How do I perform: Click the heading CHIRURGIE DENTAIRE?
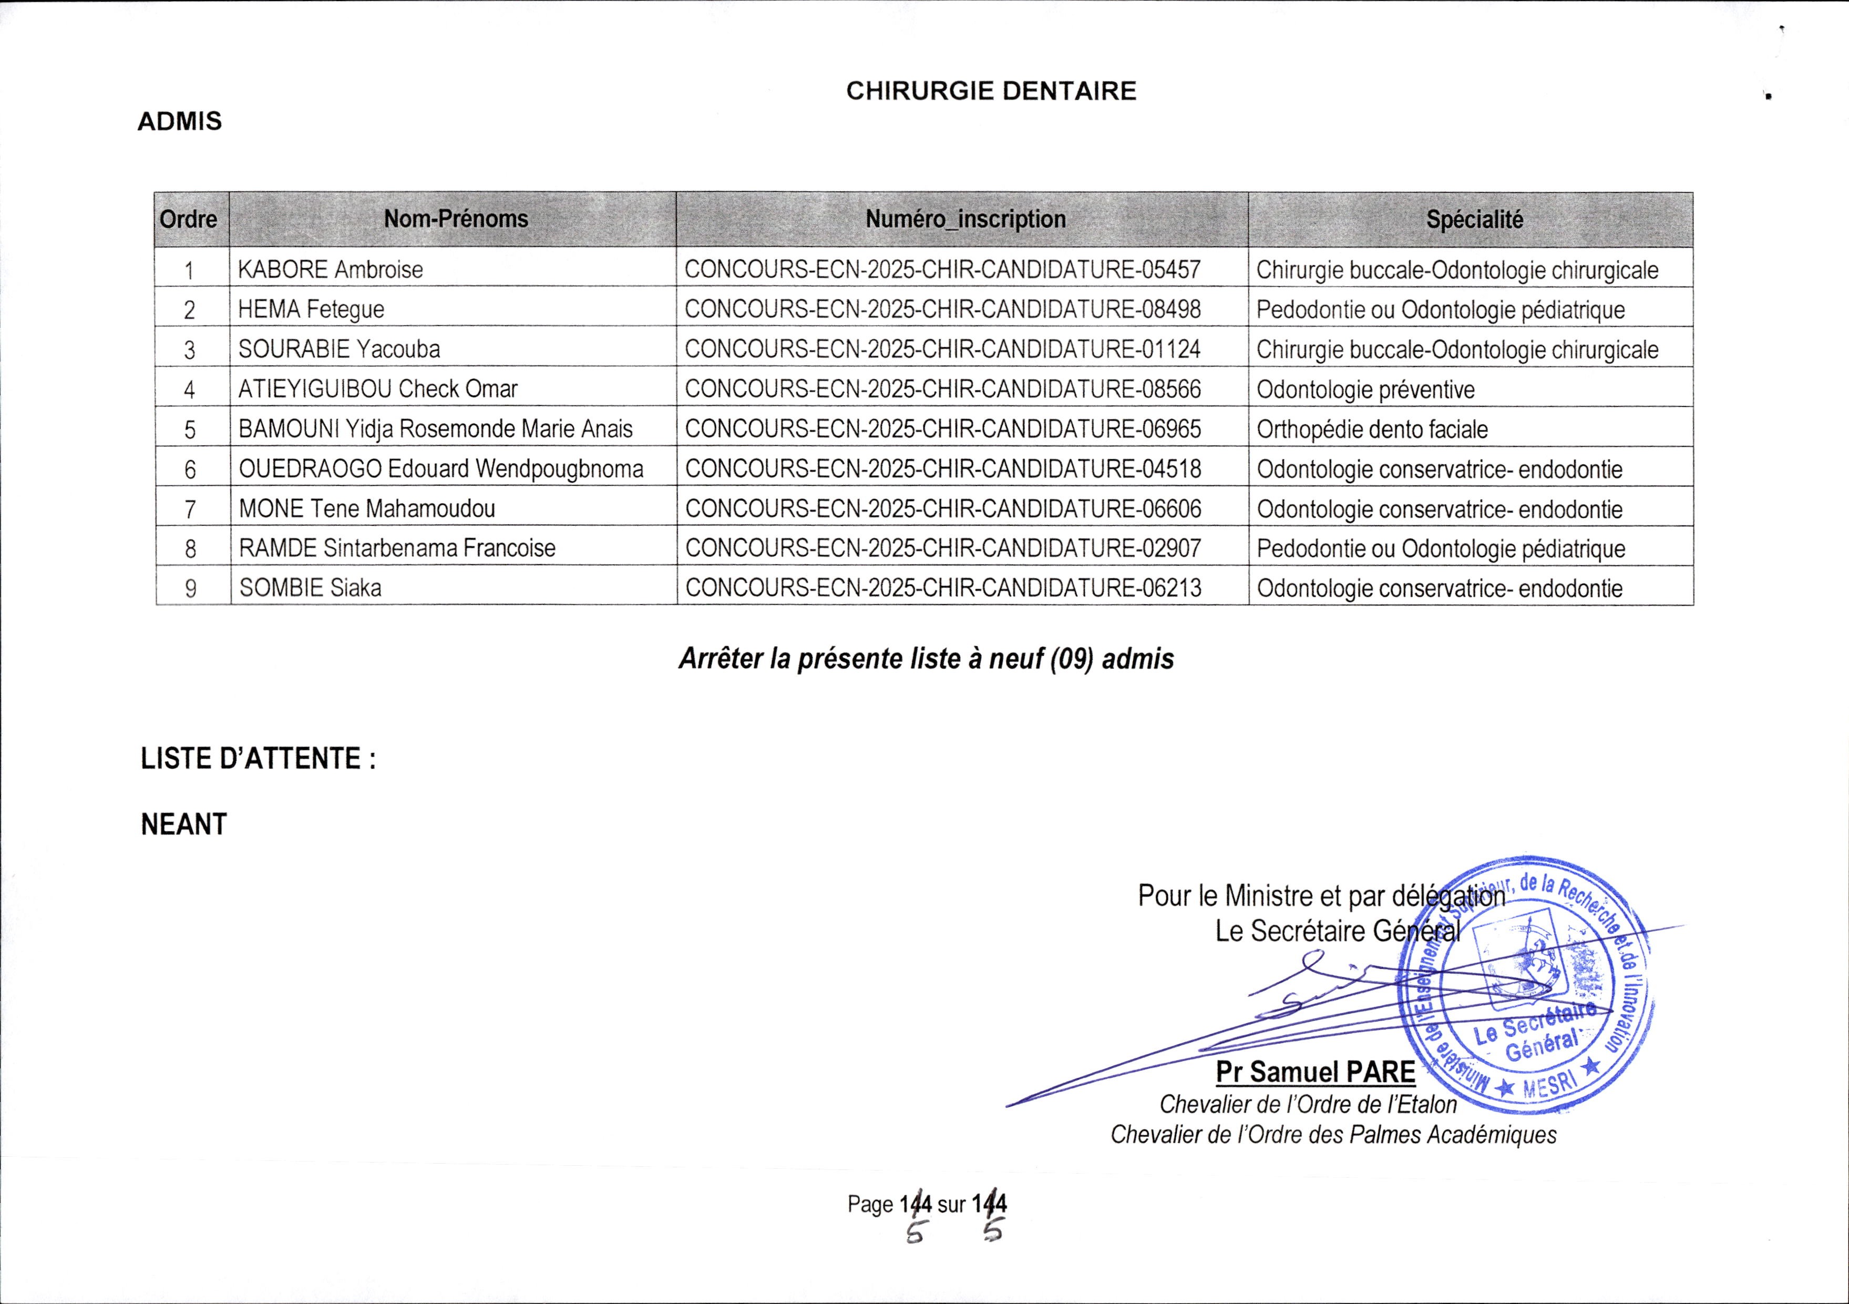(x=991, y=91)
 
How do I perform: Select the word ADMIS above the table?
(x=180, y=121)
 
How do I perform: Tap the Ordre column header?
(x=189, y=219)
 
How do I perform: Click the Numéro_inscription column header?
(x=965, y=219)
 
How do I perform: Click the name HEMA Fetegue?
(x=312, y=309)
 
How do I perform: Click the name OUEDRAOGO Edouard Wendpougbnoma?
(x=441, y=469)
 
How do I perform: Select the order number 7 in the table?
(x=190, y=509)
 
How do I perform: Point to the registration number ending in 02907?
(x=942, y=548)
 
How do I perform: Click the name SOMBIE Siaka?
(x=310, y=588)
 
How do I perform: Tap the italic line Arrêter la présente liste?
(x=926, y=659)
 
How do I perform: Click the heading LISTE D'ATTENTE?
(x=258, y=759)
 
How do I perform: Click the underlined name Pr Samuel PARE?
(x=1315, y=1072)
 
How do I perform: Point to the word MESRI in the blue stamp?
(x=1548, y=1085)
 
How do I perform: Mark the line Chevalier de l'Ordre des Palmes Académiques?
(x=1333, y=1135)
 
